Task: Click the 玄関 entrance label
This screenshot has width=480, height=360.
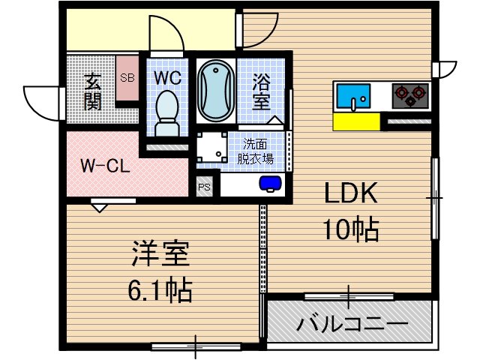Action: tap(92, 91)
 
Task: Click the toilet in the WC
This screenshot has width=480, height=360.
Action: tap(166, 112)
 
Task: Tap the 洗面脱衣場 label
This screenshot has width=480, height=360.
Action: tap(255, 151)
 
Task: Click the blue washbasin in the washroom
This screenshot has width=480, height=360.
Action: tap(268, 183)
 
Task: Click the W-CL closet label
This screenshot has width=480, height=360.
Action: tap(105, 165)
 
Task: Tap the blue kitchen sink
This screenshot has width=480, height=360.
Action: tap(352, 96)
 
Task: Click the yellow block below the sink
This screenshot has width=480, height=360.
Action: tap(356, 121)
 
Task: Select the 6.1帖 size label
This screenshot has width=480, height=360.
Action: tap(158, 288)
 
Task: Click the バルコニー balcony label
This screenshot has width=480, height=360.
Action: tap(351, 325)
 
